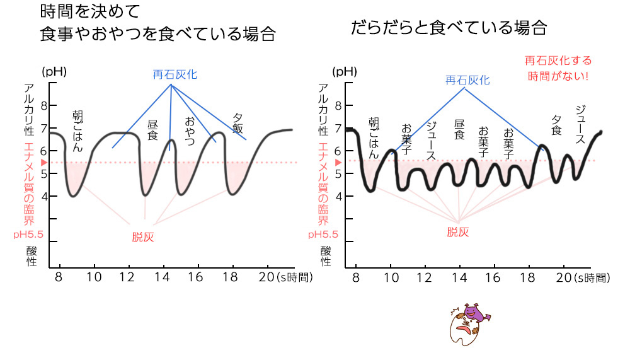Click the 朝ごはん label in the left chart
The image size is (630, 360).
[78, 132]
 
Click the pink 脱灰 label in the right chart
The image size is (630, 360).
[458, 231]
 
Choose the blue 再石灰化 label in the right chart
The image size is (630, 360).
[467, 80]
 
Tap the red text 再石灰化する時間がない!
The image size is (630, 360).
[558, 69]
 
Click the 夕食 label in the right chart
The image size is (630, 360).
[556, 125]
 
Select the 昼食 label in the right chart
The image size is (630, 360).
[459, 130]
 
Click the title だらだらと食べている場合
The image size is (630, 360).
[448, 27]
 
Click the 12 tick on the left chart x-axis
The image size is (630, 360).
[129, 277]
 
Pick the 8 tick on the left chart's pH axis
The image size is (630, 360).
[44, 105]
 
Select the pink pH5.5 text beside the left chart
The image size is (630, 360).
[27, 235]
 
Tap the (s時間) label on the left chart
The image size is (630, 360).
[294, 277]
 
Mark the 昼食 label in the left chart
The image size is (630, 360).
[152, 131]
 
